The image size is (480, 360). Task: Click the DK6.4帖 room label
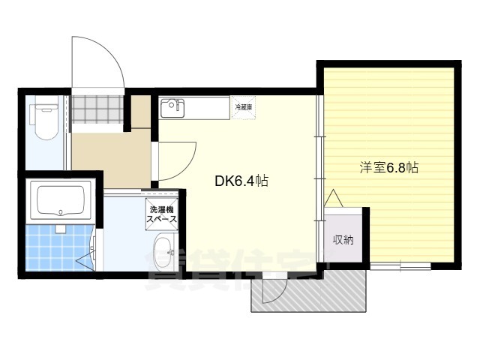pos(241,180)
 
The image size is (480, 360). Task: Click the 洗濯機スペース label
pos(163,214)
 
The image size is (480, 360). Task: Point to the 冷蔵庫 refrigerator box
pos(244,108)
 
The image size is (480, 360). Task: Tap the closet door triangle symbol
pos(334,199)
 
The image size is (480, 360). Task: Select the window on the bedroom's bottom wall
pos(400,265)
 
